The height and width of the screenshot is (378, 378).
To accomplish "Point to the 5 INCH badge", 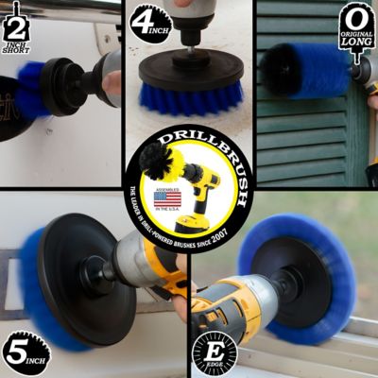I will tap(24, 349).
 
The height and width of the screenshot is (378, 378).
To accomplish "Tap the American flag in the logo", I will tap(166, 199).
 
